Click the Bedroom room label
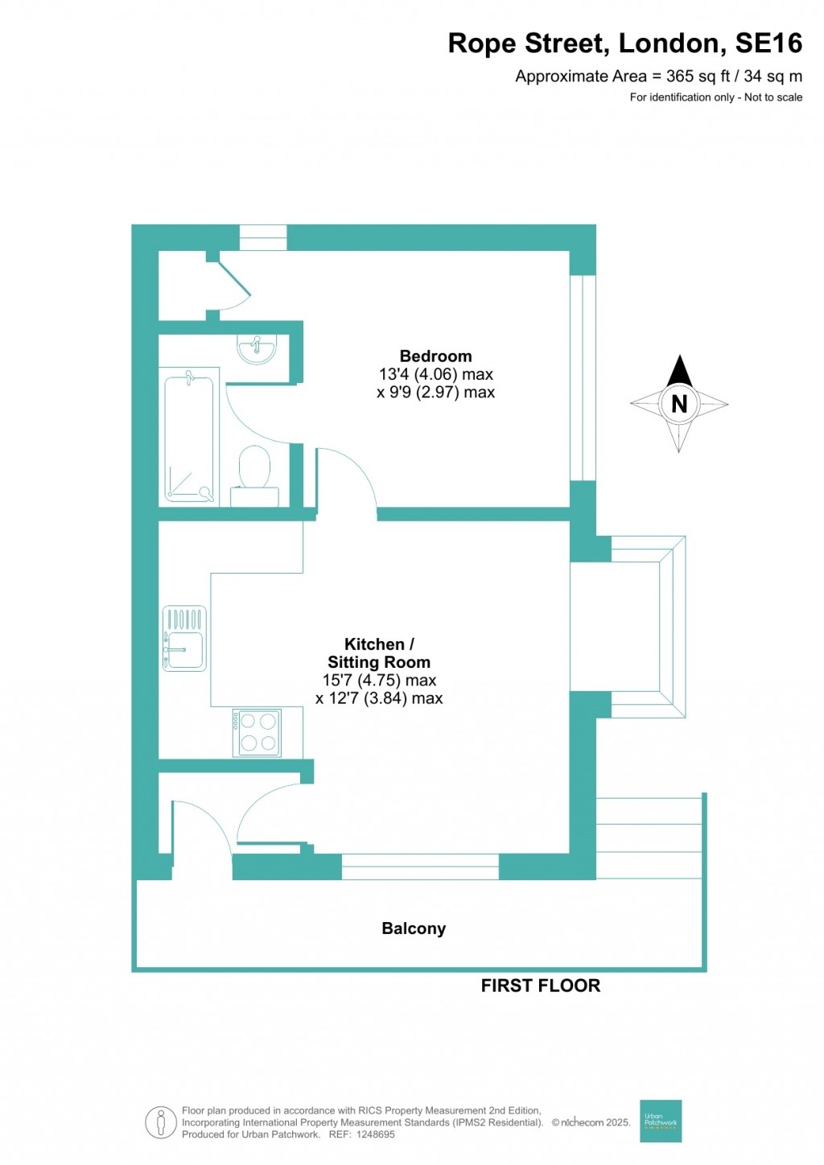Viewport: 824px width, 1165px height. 435,356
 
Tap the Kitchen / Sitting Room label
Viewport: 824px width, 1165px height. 379,653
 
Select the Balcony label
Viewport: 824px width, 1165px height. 414,928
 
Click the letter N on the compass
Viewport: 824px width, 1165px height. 679,404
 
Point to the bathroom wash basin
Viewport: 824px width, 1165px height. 257,348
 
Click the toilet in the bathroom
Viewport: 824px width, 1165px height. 255,469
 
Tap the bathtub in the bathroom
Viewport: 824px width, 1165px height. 190,438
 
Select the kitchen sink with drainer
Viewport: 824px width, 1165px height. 184,639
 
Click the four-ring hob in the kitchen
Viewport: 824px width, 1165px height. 257,732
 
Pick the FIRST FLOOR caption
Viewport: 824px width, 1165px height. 541,986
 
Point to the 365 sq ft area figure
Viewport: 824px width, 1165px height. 698,76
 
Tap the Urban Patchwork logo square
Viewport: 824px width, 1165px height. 661,1121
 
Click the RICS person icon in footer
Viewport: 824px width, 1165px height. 161,1122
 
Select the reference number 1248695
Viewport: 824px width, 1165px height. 374,1134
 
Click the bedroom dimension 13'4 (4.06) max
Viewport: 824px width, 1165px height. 435,374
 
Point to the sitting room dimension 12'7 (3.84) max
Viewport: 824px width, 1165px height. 379,698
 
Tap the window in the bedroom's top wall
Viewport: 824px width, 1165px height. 263,237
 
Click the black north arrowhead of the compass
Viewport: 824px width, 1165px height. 680,371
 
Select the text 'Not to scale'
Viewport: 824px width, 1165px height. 773,97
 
